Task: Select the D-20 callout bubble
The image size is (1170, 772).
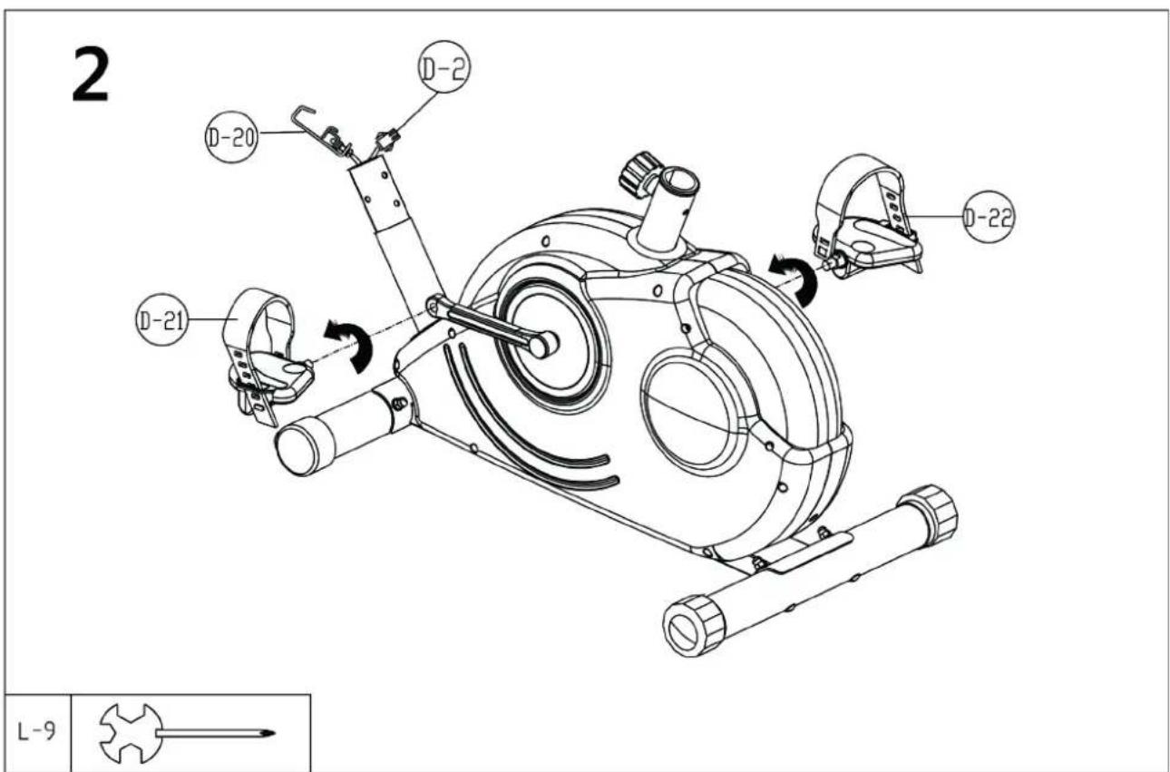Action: (230, 138)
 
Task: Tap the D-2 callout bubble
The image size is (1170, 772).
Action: (444, 70)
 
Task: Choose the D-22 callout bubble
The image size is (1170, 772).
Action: (989, 216)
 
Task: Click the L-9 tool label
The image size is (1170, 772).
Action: (35, 731)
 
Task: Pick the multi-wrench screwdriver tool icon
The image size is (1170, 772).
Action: (181, 731)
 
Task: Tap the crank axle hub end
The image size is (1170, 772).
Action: (544, 344)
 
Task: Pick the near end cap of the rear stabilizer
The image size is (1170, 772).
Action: (694, 624)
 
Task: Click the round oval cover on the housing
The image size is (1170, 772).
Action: (691, 412)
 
